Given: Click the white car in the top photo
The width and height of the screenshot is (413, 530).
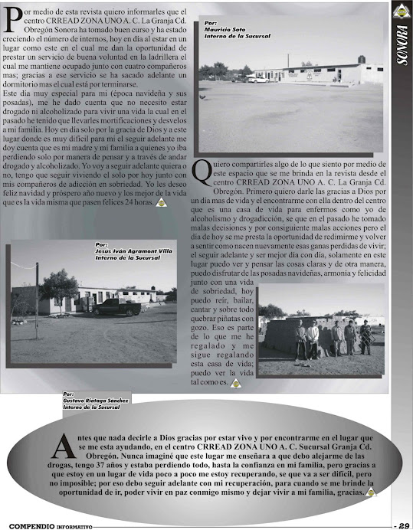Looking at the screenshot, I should pyautogui.click(x=258, y=79).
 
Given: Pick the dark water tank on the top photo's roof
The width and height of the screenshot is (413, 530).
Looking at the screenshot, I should pyautogui.click(x=362, y=59).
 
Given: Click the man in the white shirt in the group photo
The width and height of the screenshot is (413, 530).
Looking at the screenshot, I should pyautogui.click(x=313, y=337).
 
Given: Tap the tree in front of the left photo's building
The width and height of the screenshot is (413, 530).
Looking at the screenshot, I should pyautogui.click(x=60, y=287).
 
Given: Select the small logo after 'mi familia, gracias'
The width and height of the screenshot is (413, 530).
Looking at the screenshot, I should pyautogui.click(x=371, y=492).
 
